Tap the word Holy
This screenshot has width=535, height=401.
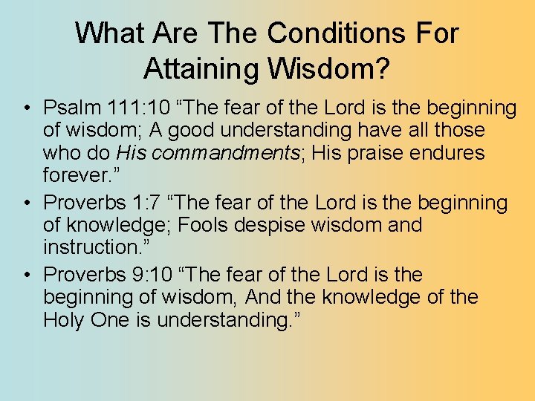click(x=64, y=320)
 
